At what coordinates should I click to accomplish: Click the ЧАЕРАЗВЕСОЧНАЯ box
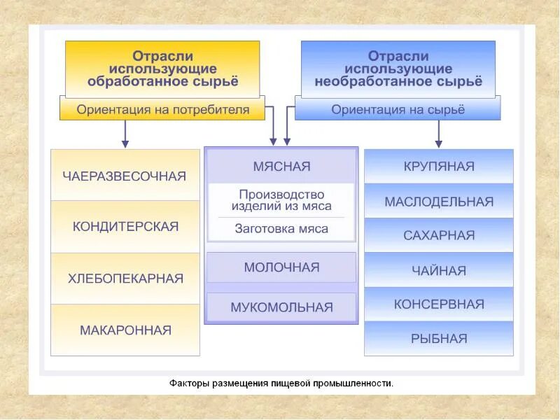point(125,175)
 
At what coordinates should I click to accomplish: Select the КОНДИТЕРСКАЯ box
point(125,227)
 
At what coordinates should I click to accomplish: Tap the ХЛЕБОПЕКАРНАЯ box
point(125,279)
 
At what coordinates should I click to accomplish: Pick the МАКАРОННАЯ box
point(125,330)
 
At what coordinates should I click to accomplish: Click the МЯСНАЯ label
point(281,167)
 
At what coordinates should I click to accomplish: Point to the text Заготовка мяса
point(281,228)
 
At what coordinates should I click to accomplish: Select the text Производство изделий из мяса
point(281,199)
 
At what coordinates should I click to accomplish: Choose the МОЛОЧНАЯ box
point(281,267)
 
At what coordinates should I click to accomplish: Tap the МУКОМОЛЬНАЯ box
point(281,307)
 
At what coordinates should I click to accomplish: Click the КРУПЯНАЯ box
point(438,167)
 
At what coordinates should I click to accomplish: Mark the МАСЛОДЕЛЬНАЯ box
point(438,202)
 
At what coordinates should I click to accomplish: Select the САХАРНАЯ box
point(438,235)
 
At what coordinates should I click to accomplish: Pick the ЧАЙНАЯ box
point(438,270)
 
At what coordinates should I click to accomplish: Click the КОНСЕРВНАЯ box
point(438,304)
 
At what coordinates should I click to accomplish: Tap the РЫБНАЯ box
point(438,338)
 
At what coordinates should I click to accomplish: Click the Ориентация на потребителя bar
point(162,109)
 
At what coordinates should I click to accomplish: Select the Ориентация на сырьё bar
point(398,109)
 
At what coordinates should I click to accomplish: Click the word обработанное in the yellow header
point(132,81)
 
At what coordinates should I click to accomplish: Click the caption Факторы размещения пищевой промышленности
point(281,383)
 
